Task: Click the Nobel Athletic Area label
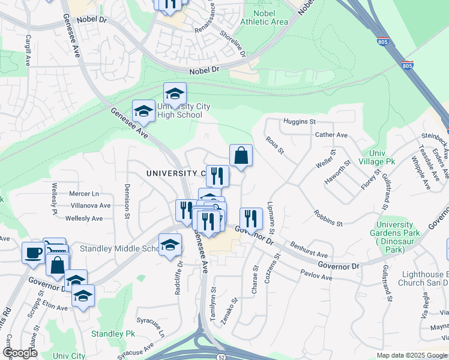264,17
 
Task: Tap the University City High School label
184,110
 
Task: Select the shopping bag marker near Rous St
241,156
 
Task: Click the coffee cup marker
33,252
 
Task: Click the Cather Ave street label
331,136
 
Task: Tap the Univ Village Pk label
376,158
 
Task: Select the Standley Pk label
113,334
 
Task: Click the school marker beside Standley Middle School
170,245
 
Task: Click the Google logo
20,353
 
